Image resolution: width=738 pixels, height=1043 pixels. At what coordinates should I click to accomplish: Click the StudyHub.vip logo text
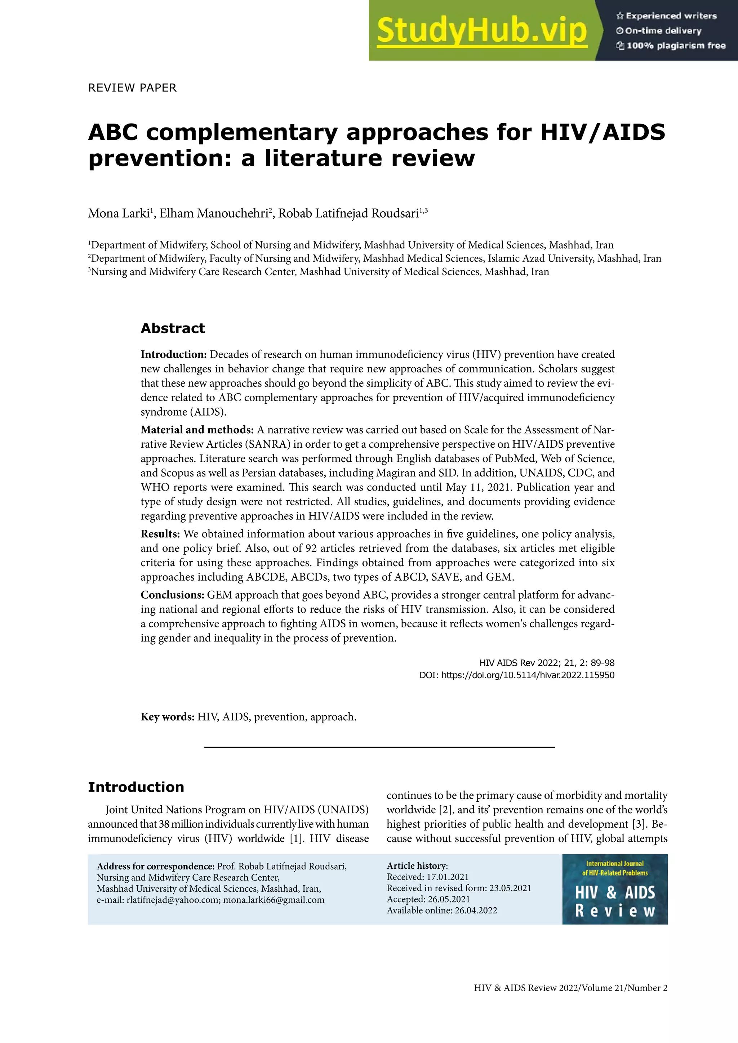click(x=482, y=31)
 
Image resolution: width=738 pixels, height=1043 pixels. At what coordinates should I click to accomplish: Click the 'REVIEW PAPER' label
click(x=132, y=88)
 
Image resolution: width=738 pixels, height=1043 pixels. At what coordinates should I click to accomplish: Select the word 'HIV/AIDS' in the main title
click(x=602, y=132)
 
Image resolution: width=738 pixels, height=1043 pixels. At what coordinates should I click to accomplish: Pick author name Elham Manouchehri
click(x=214, y=214)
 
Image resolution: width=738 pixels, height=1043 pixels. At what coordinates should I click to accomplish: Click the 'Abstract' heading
click(x=173, y=328)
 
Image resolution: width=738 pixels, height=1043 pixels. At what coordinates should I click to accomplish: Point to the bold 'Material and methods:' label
click(x=197, y=430)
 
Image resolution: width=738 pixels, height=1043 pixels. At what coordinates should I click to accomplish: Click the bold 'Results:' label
click(x=160, y=534)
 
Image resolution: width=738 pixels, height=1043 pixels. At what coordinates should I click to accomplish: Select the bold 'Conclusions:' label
click(x=172, y=595)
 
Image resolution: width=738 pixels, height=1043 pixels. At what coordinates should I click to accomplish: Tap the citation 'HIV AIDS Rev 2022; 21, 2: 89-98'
click(x=547, y=663)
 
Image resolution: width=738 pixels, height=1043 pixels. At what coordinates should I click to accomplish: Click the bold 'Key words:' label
click(x=167, y=717)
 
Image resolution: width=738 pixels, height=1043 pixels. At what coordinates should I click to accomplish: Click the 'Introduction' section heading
click(x=136, y=787)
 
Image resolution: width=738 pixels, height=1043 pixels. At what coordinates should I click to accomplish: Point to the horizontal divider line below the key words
click(x=379, y=747)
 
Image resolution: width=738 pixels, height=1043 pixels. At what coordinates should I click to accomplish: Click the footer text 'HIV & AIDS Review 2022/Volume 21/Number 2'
click(x=570, y=988)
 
